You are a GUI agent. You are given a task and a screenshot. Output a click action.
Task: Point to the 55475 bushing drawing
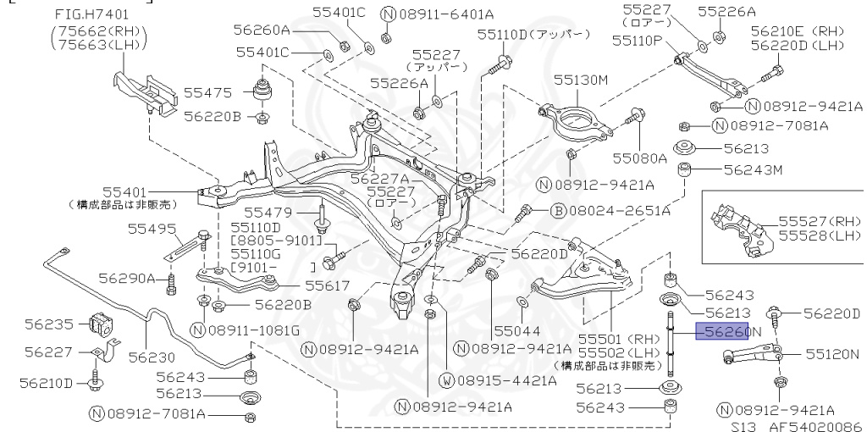click(262, 91)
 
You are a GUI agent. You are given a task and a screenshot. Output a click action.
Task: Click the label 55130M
click(582, 80)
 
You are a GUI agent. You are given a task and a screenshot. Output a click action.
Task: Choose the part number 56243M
click(754, 169)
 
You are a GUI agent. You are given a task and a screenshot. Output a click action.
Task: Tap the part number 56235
click(49, 323)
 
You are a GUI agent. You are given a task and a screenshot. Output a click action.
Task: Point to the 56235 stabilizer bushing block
click(100, 324)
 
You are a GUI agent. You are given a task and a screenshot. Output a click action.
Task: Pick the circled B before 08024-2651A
click(558, 209)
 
